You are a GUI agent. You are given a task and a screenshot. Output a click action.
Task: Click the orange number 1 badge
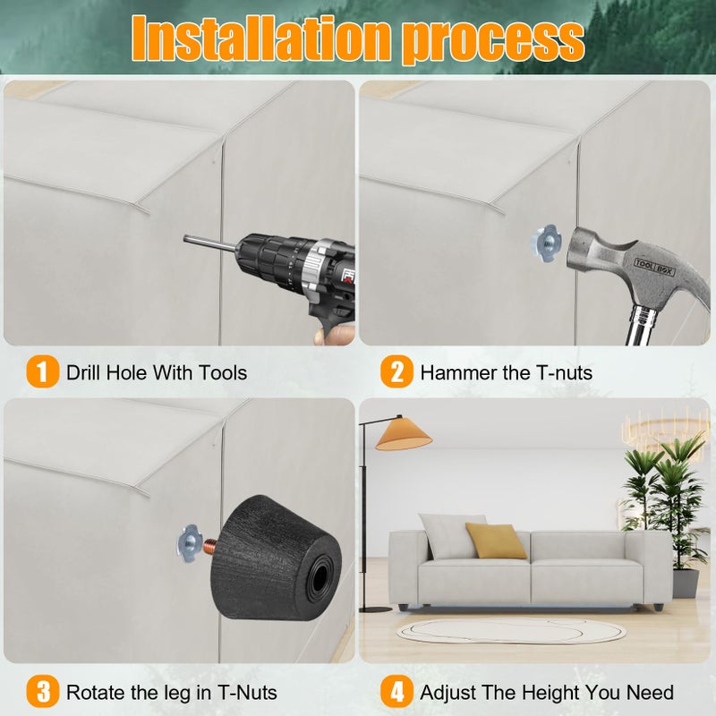pyautogui.click(x=42, y=371)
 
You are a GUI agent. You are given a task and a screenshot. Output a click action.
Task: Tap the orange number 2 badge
pyautogui.click(x=396, y=371)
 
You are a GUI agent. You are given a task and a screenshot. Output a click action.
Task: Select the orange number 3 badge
pyautogui.click(x=42, y=691)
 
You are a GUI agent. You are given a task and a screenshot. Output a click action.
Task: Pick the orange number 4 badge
pyautogui.click(x=396, y=691)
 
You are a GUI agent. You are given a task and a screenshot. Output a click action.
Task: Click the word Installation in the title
pyautogui.click(x=260, y=38)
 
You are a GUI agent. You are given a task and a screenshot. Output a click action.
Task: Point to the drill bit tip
pyautogui.click(x=185, y=238)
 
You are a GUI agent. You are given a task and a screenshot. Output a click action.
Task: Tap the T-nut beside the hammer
pyautogui.click(x=546, y=243)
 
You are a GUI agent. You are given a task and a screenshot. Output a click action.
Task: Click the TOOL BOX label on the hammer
pyautogui.click(x=654, y=266)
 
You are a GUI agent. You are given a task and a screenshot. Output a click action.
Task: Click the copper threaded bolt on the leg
pyautogui.click(x=210, y=544)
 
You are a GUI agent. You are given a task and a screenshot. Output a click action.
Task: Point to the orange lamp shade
pyautogui.click(x=404, y=434)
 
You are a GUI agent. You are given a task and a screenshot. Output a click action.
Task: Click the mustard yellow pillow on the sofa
pyautogui.click(x=496, y=541)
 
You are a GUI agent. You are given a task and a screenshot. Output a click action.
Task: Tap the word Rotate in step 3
pyautogui.click(x=96, y=692)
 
